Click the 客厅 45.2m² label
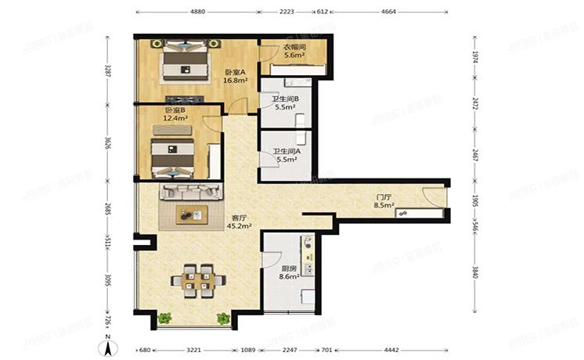[239, 221]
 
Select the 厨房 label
[289, 271]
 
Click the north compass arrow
[111, 345]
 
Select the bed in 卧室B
[172, 157]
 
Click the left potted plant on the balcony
[165, 319]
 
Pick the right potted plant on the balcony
[223, 319]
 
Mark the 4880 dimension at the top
[197, 13]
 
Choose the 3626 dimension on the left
[108, 146]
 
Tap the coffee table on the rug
[191, 214]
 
